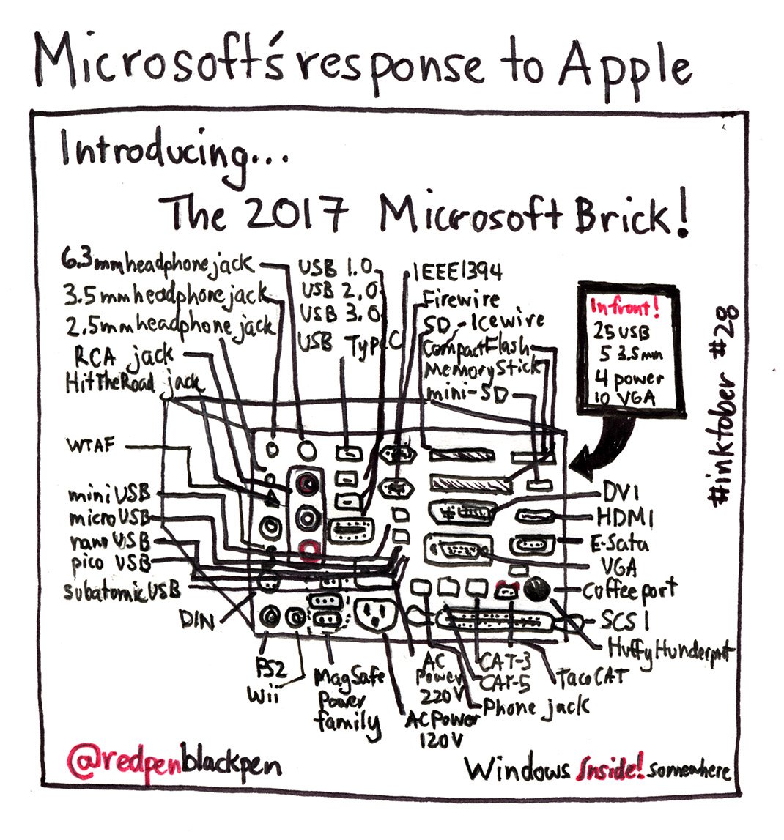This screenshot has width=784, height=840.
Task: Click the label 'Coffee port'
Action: (630, 590)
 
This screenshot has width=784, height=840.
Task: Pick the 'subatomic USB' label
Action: (125, 591)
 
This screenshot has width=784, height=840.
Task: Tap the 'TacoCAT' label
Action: (593, 677)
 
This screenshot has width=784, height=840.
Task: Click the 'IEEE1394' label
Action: (458, 272)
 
